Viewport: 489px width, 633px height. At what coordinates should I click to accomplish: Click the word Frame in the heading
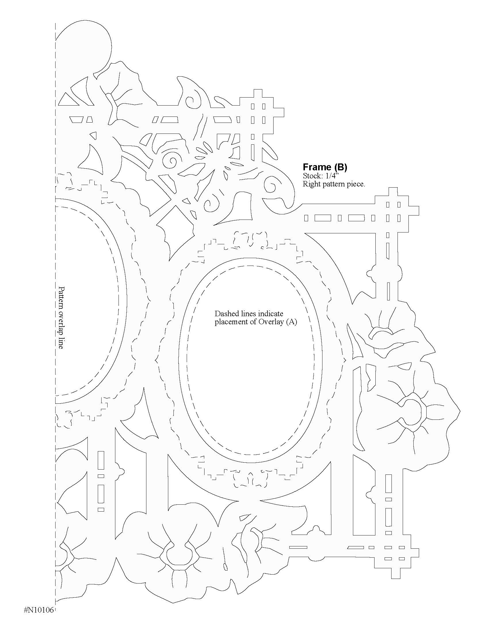(x=316, y=167)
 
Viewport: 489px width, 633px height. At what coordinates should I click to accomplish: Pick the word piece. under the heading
(x=355, y=184)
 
